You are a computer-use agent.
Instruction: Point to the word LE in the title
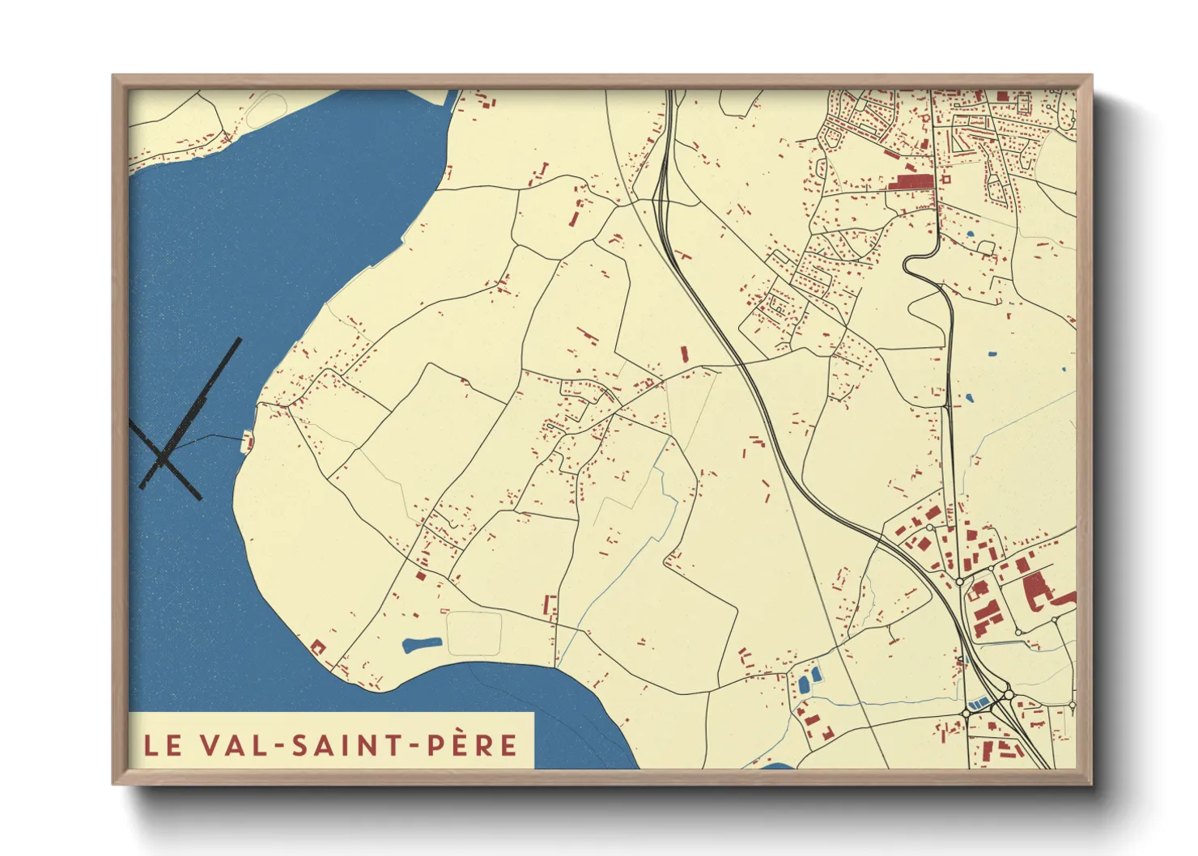[x=163, y=745]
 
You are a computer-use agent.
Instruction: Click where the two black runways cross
[x=163, y=459]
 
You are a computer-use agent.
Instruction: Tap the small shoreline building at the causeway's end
[x=249, y=442]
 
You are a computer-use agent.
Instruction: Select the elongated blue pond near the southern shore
[x=422, y=645]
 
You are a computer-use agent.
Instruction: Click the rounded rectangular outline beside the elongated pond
[x=474, y=633]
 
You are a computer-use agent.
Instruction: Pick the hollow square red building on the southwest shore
[x=317, y=646]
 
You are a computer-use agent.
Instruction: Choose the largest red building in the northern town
[x=911, y=181]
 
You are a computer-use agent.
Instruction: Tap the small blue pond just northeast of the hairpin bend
[x=970, y=235]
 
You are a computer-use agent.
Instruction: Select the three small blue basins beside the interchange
[x=978, y=703]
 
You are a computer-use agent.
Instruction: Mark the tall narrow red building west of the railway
[x=684, y=354]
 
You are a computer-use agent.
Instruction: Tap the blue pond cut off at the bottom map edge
[x=778, y=765]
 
